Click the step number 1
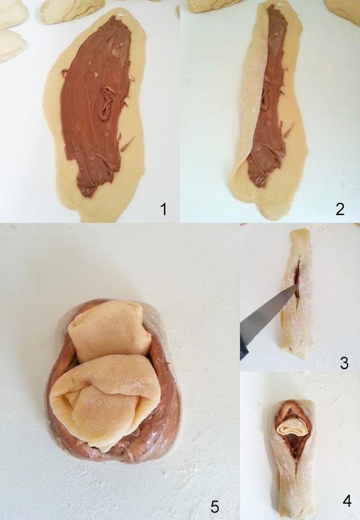coord(164,209)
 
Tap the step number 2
coord(340,209)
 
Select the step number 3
coord(344,363)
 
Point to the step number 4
coord(347,501)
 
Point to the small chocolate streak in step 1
coord(127,144)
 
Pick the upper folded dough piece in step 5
coord(108,331)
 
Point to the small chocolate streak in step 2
coord(290,130)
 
